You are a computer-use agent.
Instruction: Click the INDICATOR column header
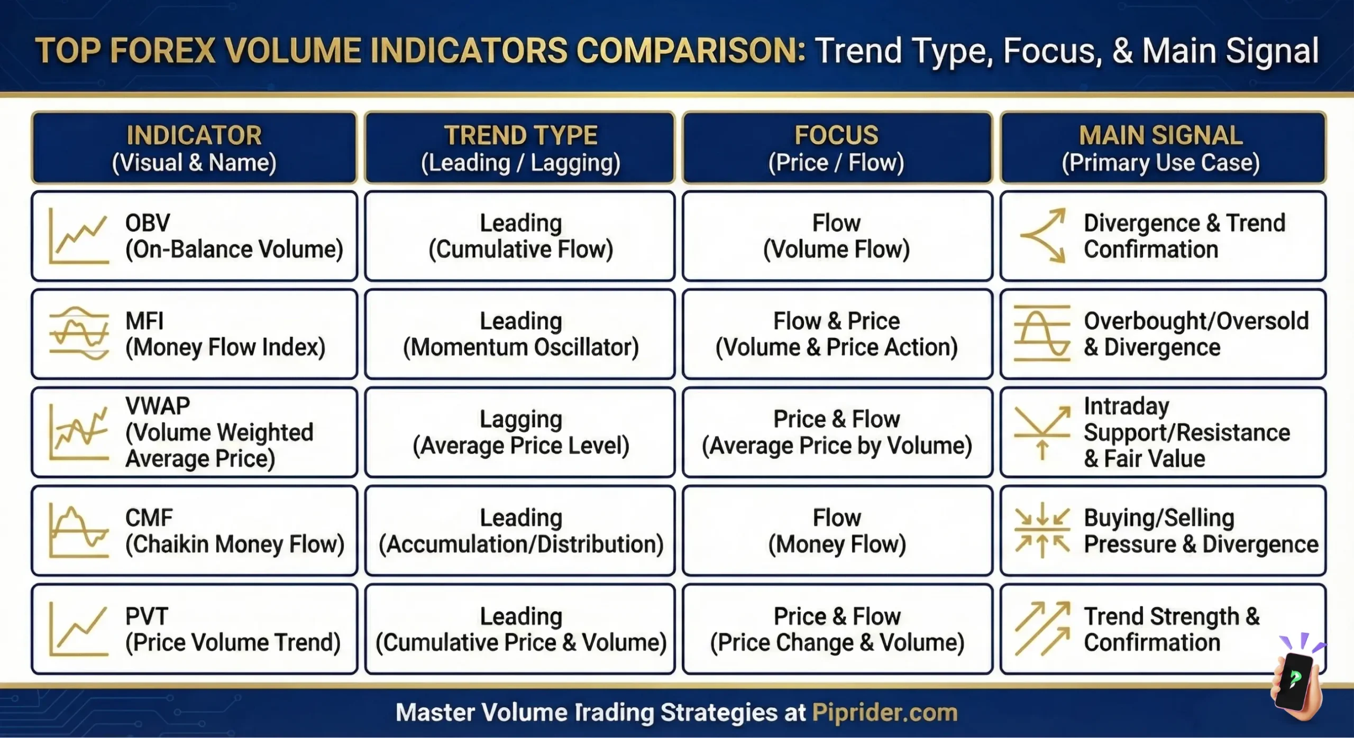tap(194, 148)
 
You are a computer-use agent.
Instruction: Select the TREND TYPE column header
tap(520, 148)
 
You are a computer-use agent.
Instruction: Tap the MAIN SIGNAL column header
tap(1163, 148)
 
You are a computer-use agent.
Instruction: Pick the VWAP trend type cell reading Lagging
tap(520, 432)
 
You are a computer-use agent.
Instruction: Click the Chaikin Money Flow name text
tap(235, 544)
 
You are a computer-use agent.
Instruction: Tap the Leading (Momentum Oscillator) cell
tap(520, 334)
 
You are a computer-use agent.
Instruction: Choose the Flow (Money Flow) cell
tap(837, 531)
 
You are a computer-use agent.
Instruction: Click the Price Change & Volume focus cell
tap(837, 629)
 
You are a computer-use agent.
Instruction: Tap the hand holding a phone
tap(1296, 682)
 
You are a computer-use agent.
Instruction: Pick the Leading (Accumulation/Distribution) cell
tap(520, 531)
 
